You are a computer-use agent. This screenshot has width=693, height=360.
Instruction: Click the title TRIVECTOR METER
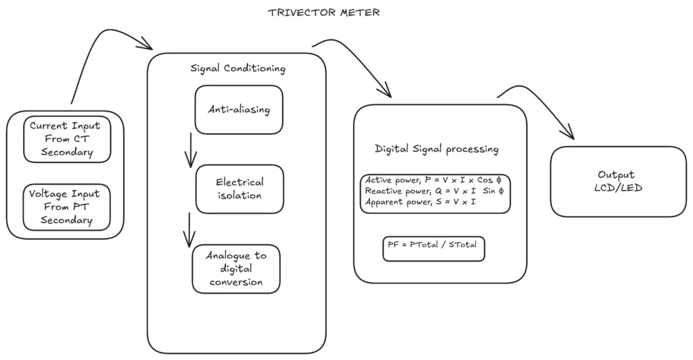coord(323,12)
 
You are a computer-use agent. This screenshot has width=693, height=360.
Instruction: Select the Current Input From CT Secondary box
coord(65,139)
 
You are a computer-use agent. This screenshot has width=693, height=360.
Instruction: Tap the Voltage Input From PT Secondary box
coord(65,206)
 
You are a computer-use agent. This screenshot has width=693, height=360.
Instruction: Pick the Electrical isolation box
coord(240,189)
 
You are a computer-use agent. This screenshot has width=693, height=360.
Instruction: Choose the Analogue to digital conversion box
coord(236,269)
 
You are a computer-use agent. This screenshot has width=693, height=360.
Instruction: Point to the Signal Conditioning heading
coord(238,68)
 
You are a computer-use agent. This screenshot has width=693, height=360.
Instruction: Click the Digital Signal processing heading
coord(437,149)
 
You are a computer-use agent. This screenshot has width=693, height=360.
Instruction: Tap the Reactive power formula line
coord(434,191)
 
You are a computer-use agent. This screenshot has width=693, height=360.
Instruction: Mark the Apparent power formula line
coord(420,202)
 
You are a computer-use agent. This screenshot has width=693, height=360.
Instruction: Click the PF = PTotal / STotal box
coord(434,247)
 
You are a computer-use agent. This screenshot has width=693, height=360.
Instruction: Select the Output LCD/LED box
coord(618,181)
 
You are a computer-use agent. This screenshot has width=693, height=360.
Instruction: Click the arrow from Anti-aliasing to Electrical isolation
coord(190,150)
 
